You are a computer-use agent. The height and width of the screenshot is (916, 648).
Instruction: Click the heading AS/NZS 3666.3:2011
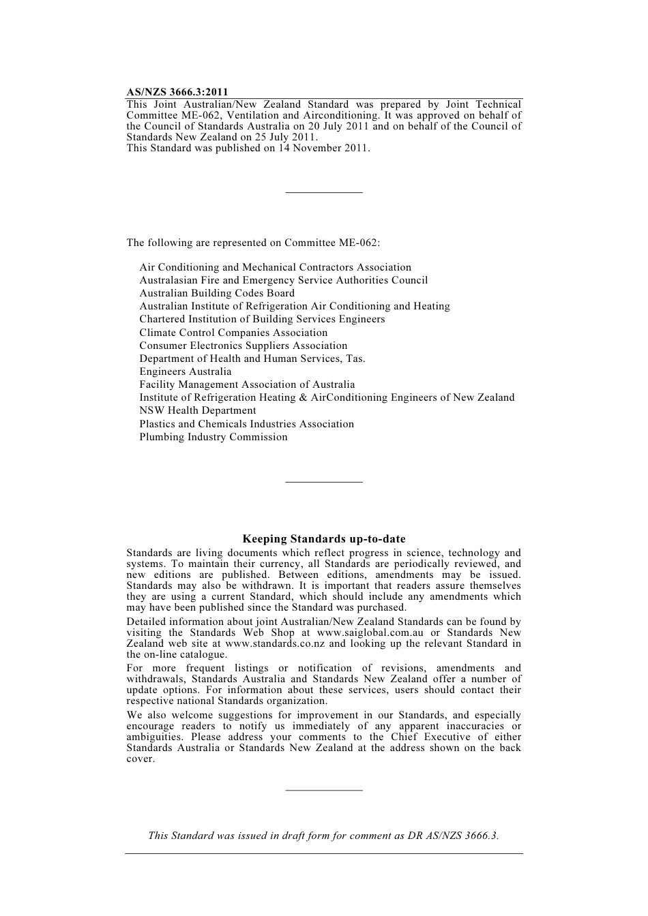coord(177,92)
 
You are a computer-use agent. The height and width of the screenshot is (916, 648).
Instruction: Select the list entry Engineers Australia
coord(186,371)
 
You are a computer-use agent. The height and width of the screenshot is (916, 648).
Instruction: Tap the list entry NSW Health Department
coord(198,410)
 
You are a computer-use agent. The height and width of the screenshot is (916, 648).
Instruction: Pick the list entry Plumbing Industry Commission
coord(213,437)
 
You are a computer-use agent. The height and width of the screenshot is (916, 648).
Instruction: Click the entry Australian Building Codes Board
coord(217,293)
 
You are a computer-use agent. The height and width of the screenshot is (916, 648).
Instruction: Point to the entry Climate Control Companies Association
coord(233,333)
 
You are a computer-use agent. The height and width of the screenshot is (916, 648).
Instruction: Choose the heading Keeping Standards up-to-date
coord(324,539)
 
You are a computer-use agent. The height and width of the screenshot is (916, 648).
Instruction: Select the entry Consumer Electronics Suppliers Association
coord(244,346)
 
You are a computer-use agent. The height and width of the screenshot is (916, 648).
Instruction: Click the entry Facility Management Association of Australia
coord(247,384)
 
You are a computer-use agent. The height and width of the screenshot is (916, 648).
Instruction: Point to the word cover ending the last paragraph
coord(140,759)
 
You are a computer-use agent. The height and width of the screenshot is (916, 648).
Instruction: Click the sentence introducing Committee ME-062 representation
coord(253,243)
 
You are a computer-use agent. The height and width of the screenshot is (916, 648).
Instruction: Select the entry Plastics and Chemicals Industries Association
coord(247,424)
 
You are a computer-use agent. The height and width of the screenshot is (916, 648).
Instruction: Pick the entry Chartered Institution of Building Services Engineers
coord(262,319)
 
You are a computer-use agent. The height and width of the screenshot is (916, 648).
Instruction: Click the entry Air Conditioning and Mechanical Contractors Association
coord(276,267)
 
